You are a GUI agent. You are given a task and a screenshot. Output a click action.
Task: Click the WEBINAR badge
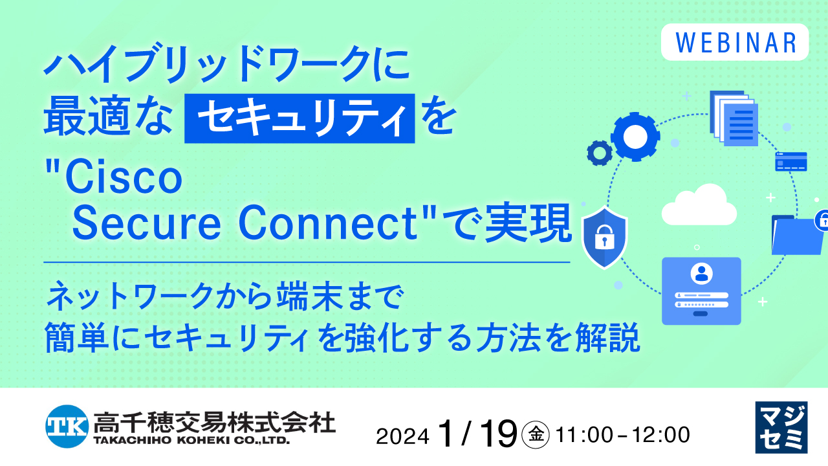(x=735, y=42)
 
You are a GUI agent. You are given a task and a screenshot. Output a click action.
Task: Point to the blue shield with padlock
(x=604, y=237)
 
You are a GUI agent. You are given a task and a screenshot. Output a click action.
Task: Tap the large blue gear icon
(x=635, y=136)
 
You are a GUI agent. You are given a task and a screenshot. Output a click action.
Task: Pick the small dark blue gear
(x=599, y=153)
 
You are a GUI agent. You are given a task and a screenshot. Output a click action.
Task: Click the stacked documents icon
(x=734, y=118)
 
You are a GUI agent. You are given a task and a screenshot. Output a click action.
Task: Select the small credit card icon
(x=790, y=162)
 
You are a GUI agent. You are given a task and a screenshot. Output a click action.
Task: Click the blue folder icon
(x=796, y=235)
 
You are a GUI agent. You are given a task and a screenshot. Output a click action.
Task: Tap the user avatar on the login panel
(x=701, y=274)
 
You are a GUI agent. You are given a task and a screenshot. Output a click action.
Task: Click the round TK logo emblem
(x=66, y=425)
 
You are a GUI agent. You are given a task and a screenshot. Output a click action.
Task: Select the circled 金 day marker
(x=535, y=434)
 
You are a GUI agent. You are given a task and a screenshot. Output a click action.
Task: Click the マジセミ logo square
(x=781, y=427)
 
